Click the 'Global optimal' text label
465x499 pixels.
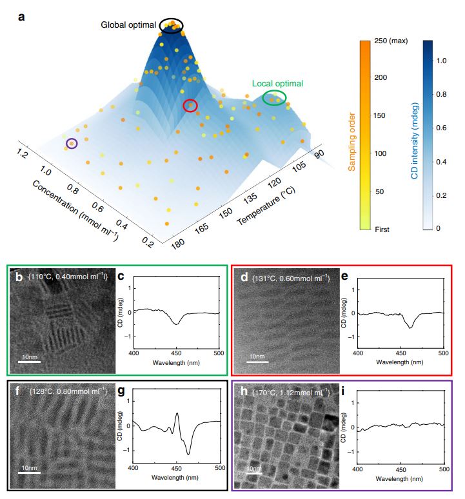coord(128,25)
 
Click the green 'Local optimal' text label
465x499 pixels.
coord(277,83)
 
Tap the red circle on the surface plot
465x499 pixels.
coord(190,106)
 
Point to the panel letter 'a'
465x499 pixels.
coord(21,17)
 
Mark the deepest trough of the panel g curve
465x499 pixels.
coord(188,455)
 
